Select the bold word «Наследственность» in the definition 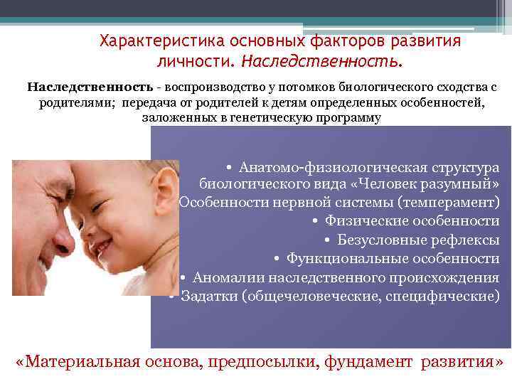[90, 87]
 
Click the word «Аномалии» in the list [224, 277]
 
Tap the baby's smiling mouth [105, 247]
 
